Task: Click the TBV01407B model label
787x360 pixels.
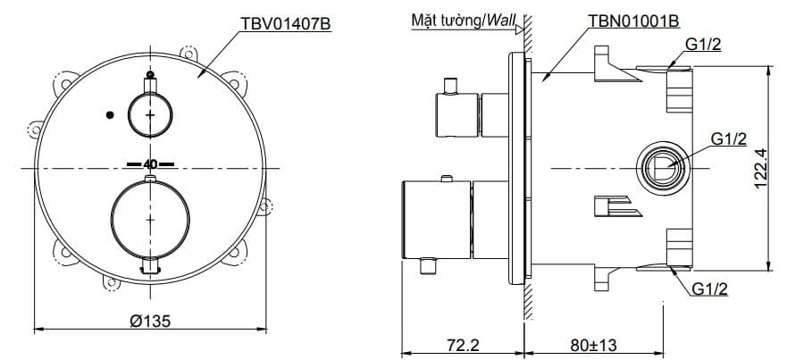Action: pyautogui.click(x=286, y=25)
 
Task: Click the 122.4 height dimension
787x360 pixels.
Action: pyautogui.click(x=761, y=166)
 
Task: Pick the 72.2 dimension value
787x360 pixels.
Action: pyautogui.click(x=463, y=343)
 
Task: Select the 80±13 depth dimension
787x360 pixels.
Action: pyautogui.click(x=595, y=343)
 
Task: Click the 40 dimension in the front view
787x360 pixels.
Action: pyautogui.click(x=149, y=164)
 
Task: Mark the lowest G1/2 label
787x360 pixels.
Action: pyautogui.click(x=709, y=288)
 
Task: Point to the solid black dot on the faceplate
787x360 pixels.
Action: pyautogui.click(x=110, y=114)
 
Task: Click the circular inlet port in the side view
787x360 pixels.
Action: pyautogui.click(x=662, y=167)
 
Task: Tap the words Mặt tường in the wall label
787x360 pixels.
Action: pyautogui.click(x=443, y=21)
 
